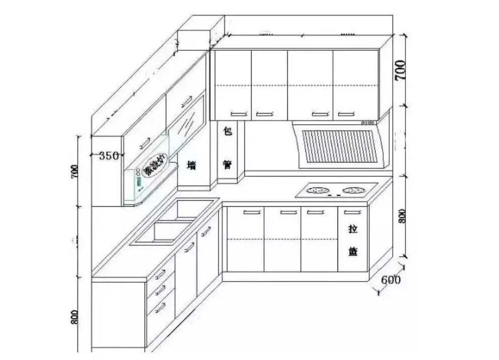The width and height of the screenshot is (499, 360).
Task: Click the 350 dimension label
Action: [108, 156]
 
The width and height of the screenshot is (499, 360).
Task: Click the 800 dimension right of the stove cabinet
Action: [401, 216]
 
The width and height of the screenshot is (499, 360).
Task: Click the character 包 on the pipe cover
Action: [227, 132]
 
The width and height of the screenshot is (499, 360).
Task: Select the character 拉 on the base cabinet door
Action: [353, 229]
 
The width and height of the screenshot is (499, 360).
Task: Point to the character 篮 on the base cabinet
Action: [353, 251]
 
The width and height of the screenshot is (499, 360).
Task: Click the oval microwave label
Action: [154, 166]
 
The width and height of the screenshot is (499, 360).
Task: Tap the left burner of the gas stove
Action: [317, 191]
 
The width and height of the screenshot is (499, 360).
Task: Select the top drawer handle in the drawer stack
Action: [160, 275]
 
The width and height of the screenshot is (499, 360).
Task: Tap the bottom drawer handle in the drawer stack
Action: [160, 307]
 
